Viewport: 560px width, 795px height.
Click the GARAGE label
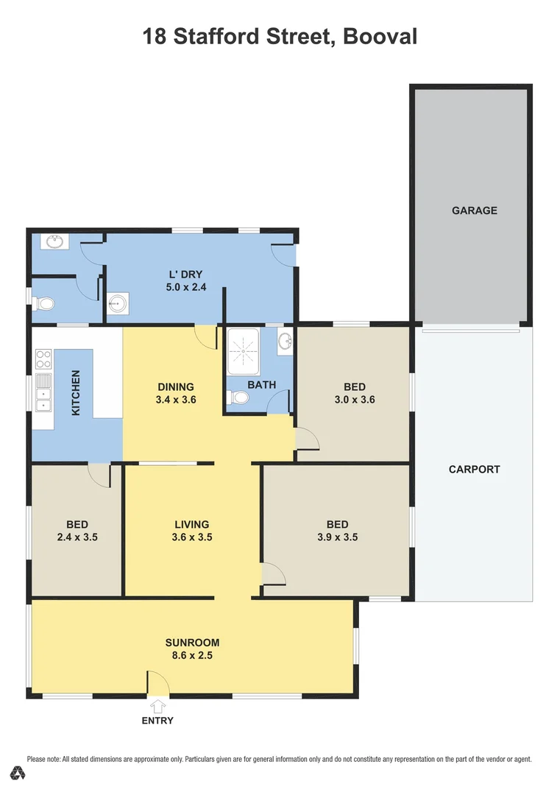click(474, 211)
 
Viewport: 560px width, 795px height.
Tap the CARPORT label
click(474, 469)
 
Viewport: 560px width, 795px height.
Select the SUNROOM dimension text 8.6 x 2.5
click(192, 655)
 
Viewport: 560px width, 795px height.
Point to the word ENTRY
click(157, 721)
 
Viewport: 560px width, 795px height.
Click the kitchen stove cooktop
click(43, 360)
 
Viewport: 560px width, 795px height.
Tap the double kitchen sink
click(43, 391)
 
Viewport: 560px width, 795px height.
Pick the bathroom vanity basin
click(285, 341)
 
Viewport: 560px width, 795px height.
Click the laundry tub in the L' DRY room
click(118, 303)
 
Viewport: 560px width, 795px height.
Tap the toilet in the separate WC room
click(44, 303)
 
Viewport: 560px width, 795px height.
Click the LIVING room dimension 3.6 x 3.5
click(192, 537)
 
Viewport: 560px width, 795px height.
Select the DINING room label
click(176, 386)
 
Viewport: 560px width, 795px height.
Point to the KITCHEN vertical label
click(75, 393)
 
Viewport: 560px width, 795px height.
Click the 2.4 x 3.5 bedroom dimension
click(77, 537)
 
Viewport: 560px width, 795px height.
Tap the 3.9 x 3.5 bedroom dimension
click(337, 537)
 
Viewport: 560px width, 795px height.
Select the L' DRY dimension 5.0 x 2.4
click(186, 288)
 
